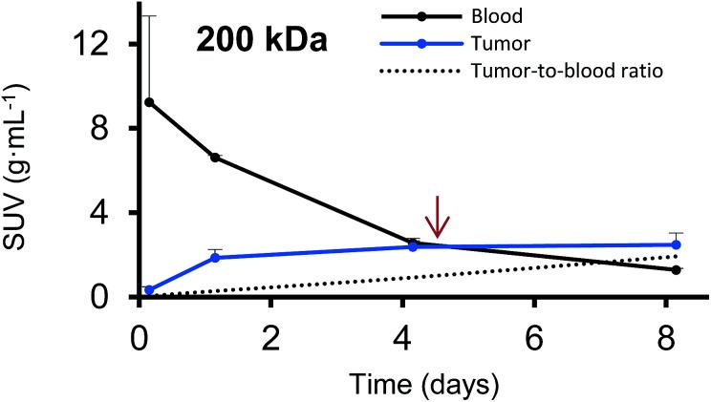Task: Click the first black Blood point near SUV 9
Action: (x=149, y=102)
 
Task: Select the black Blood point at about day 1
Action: (x=215, y=158)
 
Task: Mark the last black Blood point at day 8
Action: (x=676, y=270)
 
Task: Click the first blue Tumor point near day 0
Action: (x=149, y=290)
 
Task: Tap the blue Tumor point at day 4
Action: (x=413, y=246)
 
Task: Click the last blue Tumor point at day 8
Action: (x=676, y=244)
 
